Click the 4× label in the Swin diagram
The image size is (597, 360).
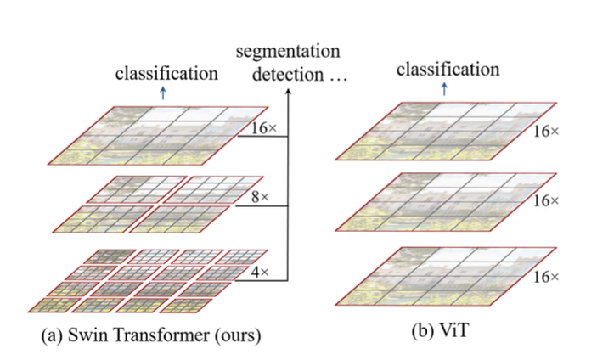pyautogui.click(x=261, y=273)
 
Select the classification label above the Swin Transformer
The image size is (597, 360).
pyautogui.click(x=167, y=74)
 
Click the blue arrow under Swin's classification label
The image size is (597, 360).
pyautogui.click(x=163, y=93)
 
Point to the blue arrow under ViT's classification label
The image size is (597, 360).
pyautogui.click(x=446, y=88)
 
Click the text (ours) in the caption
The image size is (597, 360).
pyautogui.click(x=239, y=335)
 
